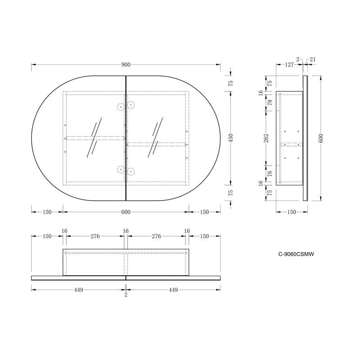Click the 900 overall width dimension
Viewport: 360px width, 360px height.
(126, 64)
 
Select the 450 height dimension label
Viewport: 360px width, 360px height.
(231, 138)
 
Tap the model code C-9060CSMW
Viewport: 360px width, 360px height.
(296, 254)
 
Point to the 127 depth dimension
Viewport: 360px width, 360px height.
(289, 64)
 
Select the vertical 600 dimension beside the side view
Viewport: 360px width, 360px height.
(321, 138)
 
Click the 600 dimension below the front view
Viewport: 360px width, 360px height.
(126, 212)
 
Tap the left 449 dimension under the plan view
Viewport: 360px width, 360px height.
(78, 290)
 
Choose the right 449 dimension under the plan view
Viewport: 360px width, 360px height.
(173, 290)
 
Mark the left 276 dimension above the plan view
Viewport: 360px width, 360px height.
(94, 236)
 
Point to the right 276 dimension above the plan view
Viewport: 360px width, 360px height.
(157, 236)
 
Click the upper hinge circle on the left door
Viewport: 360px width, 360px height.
(121, 107)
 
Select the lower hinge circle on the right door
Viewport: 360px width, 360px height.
(131, 171)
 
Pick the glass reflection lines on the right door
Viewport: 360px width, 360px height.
(156, 137)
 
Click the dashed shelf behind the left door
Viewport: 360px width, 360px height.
(95, 138)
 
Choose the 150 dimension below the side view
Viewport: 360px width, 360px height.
(292, 212)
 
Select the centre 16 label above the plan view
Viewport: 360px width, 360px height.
(126, 231)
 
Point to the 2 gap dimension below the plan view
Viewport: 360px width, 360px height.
(126, 295)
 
